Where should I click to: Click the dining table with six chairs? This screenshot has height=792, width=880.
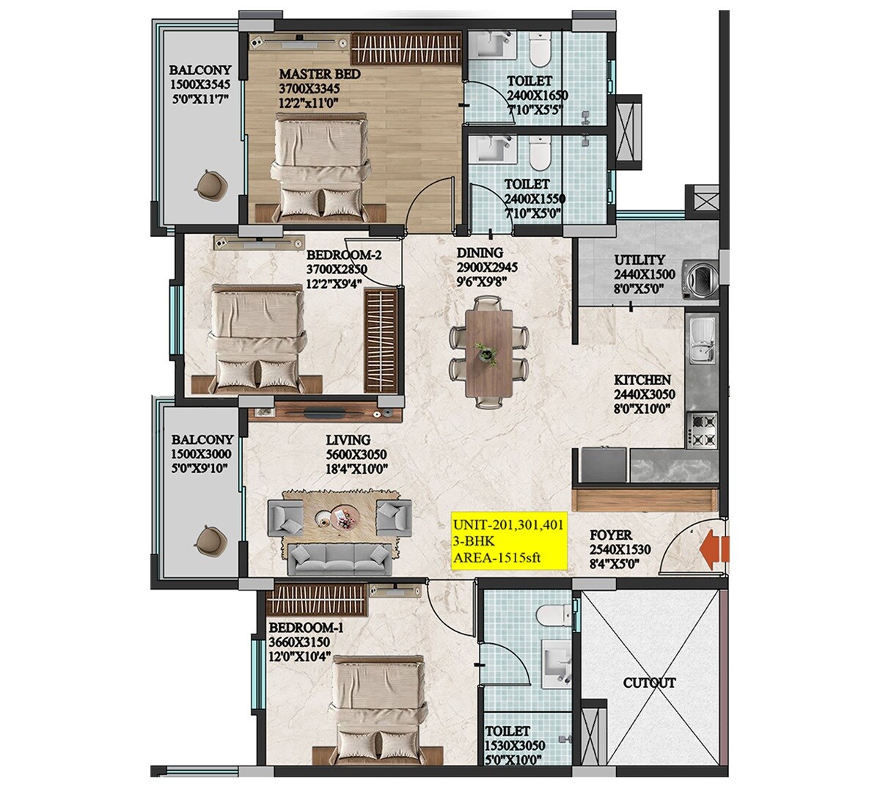click(x=489, y=351)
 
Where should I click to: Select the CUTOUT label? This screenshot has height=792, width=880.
click(x=649, y=683)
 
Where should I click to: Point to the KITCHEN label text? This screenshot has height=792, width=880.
click(x=642, y=380)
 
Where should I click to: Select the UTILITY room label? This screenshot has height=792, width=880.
click(x=640, y=260)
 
